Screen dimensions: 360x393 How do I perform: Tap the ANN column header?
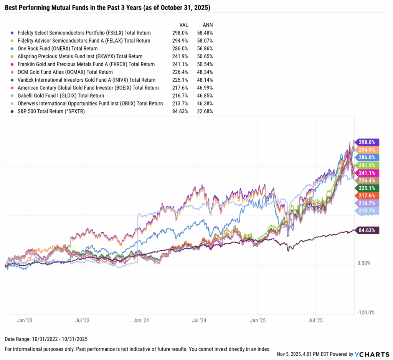point(207,25)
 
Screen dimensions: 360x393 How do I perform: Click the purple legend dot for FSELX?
point(13,33)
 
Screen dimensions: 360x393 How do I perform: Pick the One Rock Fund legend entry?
point(58,49)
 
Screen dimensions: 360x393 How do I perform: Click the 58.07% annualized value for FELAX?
point(205,41)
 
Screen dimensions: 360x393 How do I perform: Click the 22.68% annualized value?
point(205,112)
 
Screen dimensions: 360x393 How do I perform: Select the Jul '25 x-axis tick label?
point(315,320)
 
